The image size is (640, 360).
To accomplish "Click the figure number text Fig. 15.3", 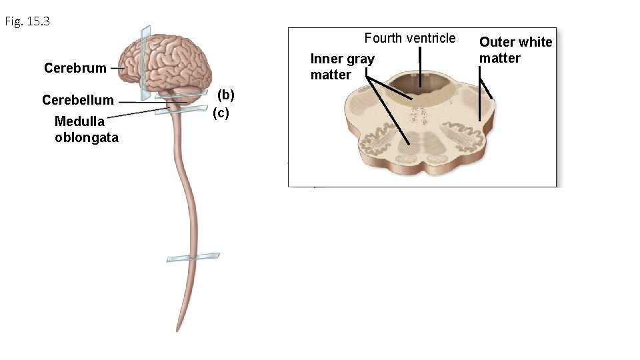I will [27, 22].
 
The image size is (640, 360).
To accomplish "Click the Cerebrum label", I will [75, 68].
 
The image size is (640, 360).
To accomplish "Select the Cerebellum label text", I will [77, 101].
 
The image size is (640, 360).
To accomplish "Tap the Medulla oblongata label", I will [86, 129].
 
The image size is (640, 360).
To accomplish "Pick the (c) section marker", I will [221, 113].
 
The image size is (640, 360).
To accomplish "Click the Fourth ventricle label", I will [409, 38].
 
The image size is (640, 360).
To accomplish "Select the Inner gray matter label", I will [342, 67].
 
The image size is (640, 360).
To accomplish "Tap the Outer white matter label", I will [515, 50].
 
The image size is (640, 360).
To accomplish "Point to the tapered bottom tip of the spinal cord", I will [178, 328].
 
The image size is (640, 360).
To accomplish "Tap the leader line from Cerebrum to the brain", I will [118, 68].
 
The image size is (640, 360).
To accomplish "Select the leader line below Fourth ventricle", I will [420, 67].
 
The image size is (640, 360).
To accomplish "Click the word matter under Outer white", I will [499, 58].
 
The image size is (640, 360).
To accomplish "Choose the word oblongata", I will [87, 138].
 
